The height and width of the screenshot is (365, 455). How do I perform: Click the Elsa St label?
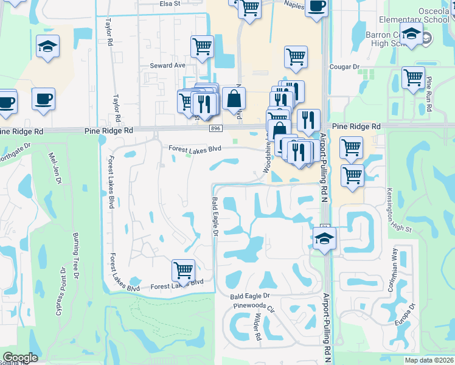click(x=170, y=3)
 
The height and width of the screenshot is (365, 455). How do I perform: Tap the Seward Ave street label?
click(x=167, y=64)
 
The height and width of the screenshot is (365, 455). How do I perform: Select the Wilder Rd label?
click(x=257, y=327)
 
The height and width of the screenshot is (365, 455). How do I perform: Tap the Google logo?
click(x=20, y=358)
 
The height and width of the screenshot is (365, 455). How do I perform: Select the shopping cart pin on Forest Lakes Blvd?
click(x=183, y=269)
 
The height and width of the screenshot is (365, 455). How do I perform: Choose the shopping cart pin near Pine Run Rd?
click(x=413, y=77)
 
